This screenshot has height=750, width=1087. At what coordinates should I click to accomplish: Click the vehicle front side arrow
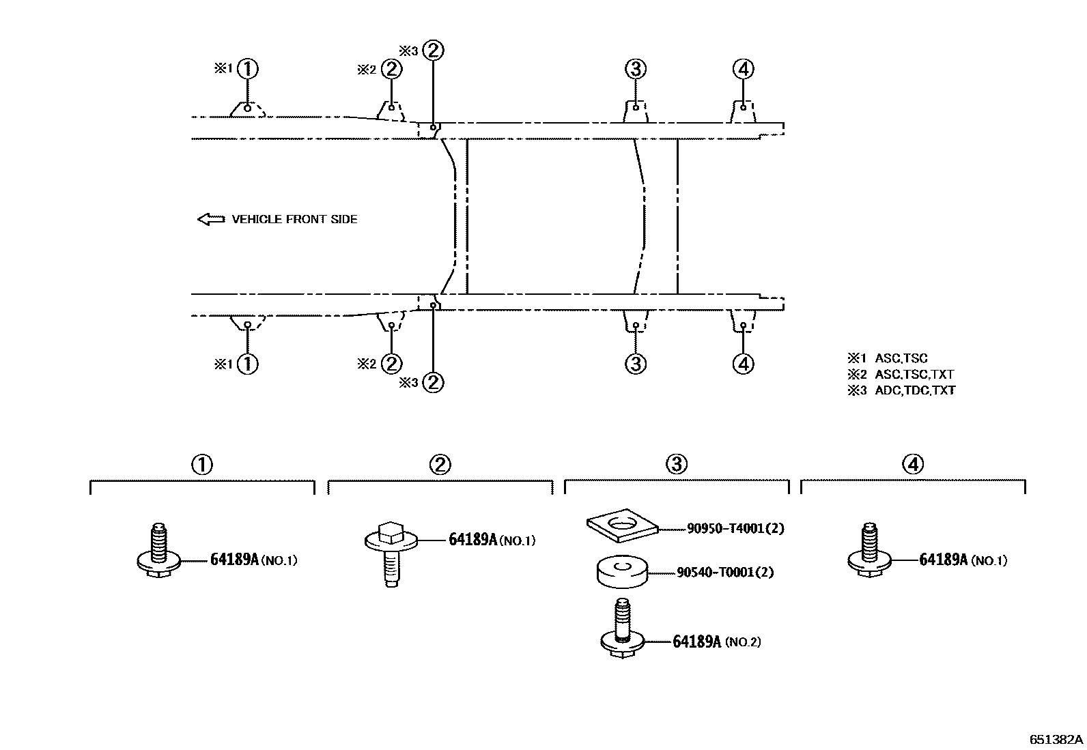(210, 219)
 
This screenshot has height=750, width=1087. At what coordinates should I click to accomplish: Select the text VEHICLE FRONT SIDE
(294, 219)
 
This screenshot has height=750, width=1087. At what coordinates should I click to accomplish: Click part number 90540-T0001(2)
(725, 572)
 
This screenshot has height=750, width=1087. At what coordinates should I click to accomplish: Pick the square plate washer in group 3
(622, 527)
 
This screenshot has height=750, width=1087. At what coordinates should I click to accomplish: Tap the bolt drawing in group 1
(159, 552)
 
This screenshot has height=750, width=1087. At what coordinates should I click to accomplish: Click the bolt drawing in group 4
(869, 552)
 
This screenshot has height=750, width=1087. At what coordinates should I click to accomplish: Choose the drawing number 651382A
(1056, 739)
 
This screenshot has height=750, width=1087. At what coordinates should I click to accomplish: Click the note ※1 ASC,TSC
(888, 358)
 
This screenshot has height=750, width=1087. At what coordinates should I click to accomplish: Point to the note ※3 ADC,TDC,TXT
(901, 390)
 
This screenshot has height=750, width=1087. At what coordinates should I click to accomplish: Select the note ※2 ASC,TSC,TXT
(901, 374)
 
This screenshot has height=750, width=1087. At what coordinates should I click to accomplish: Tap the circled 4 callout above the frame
(743, 68)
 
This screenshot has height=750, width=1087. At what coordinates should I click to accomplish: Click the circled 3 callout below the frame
(635, 364)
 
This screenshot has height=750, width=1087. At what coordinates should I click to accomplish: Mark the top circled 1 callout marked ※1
(248, 68)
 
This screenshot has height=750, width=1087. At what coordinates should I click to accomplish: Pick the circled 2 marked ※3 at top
(433, 51)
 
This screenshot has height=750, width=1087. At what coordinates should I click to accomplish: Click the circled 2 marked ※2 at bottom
(391, 364)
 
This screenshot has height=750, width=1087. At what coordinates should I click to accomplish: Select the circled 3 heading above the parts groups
(676, 465)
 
